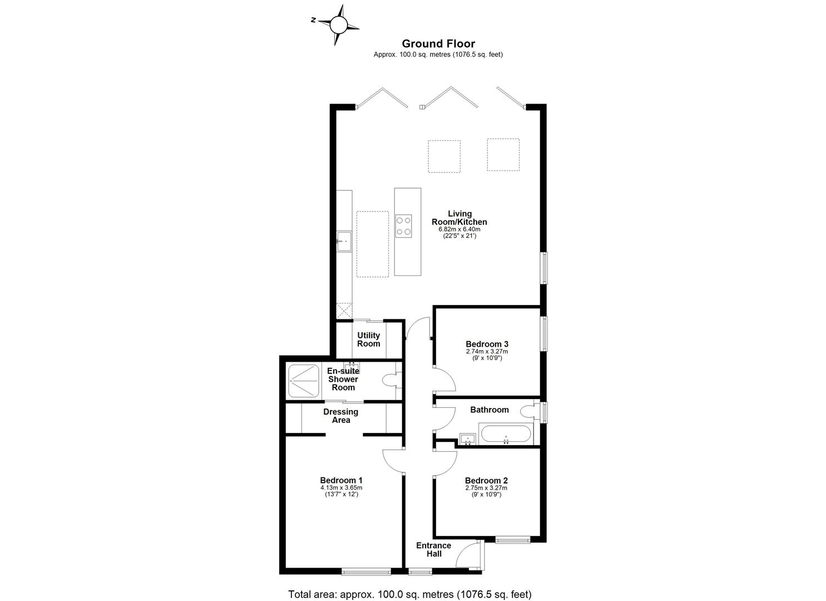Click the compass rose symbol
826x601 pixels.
[x=337, y=24]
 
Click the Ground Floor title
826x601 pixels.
[x=438, y=43]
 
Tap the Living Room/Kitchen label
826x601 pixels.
[x=459, y=218]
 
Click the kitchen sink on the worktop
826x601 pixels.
[x=344, y=241]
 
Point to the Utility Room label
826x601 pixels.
[x=368, y=339]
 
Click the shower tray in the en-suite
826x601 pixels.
[x=304, y=381]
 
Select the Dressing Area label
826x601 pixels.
[x=341, y=416]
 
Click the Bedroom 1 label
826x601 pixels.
[x=341, y=480]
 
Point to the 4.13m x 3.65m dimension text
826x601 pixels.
[x=341, y=488]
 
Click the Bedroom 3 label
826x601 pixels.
[x=487, y=344]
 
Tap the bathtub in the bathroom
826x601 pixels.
[x=506, y=434]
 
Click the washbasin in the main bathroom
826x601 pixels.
[x=468, y=440]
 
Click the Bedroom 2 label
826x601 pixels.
[x=486, y=480]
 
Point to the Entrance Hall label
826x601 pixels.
[x=434, y=549]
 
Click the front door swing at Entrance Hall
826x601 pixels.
[x=468, y=554]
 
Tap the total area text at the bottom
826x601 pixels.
[x=410, y=594]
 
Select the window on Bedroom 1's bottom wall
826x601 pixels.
[x=366, y=571]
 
